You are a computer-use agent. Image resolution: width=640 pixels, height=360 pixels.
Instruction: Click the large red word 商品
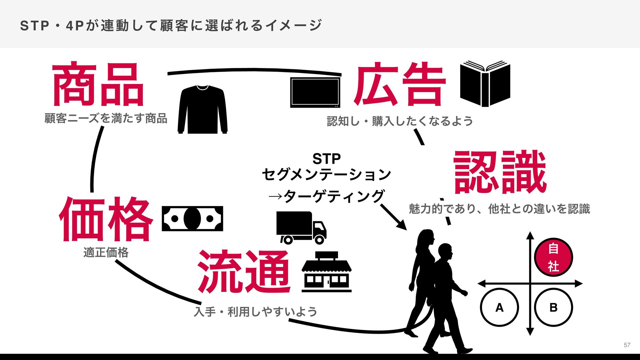(98, 84)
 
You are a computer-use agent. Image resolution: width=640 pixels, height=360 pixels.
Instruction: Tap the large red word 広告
(400, 84)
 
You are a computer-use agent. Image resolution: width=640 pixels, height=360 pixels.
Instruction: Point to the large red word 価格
(106, 219)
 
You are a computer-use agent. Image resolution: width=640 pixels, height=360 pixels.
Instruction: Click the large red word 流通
(244, 271)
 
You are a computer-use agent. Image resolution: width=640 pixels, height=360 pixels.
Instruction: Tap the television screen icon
(315, 92)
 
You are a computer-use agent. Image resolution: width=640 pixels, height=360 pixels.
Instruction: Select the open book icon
(485, 83)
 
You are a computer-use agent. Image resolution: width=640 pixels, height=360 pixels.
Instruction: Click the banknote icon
(192, 219)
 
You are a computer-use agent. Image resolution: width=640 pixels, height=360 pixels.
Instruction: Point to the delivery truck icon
(301, 228)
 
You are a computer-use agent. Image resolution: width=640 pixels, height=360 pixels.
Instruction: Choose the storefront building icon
(326, 272)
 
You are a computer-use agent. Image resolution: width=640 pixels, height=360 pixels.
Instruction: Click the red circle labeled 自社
(553, 257)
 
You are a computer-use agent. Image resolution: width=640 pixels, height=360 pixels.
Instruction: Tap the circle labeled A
(499, 307)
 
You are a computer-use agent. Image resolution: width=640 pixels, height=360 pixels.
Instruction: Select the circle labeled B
(553, 307)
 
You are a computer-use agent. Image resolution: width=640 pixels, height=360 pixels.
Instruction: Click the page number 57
(627, 345)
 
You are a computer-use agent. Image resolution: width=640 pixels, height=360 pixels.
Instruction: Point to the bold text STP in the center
(326, 159)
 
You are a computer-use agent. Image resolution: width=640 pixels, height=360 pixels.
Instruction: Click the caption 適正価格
(106, 252)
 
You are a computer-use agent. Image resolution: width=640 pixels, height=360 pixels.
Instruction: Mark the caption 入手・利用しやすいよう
(255, 312)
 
